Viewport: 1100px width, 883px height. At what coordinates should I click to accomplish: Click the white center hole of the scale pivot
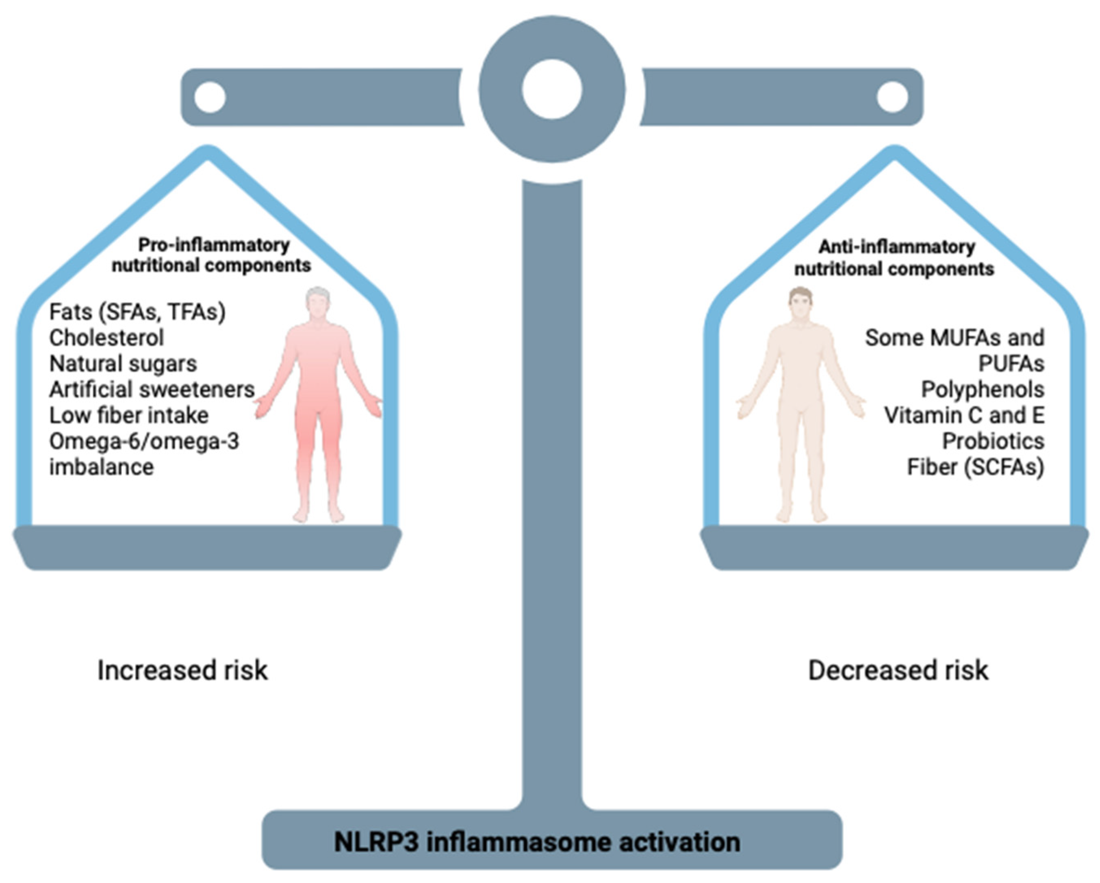click(551, 89)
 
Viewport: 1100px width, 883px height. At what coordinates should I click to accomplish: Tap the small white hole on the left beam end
click(210, 97)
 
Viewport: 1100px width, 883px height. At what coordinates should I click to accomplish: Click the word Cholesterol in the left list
click(106, 338)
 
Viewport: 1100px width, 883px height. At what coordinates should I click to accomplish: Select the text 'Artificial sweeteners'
click(152, 390)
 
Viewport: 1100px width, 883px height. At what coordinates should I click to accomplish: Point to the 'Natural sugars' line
click(122, 364)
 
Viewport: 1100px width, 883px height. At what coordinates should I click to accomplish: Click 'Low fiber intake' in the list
click(128, 415)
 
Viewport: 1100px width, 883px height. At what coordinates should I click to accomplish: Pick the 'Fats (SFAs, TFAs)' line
click(137, 312)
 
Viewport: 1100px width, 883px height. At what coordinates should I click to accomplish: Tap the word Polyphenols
click(982, 390)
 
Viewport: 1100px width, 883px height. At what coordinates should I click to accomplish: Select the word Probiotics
click(993, 441)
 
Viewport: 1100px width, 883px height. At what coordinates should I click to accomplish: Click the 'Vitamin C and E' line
click(964, 415)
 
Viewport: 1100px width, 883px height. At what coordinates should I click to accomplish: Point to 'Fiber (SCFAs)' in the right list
click(975, 467)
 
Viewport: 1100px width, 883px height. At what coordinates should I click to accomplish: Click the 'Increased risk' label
click(182, 670)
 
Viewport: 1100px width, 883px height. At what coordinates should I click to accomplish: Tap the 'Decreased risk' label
click(898, 670)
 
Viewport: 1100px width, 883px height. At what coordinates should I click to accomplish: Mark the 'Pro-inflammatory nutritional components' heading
click(211, 255)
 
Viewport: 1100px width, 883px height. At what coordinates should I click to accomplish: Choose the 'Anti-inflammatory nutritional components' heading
click(894, 258)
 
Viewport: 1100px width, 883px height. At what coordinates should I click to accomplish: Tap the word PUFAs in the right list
click(1011, 364)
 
